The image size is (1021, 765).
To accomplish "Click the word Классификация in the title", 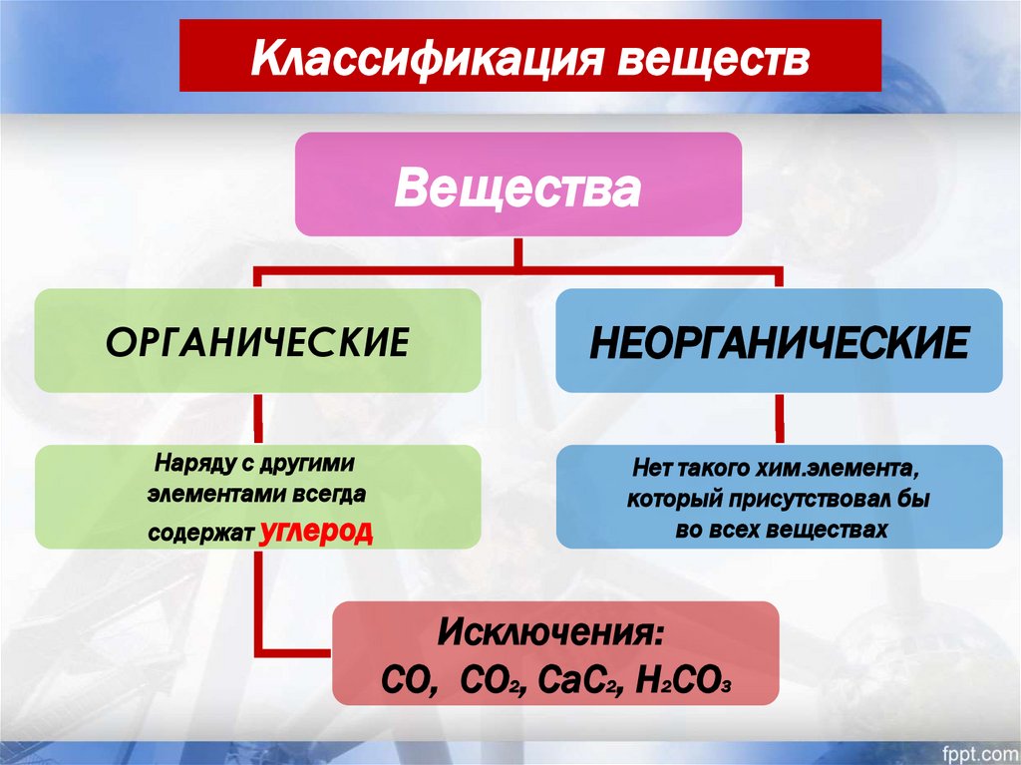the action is tap(418, 58).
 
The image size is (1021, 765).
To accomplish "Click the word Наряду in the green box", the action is tap(186, 465).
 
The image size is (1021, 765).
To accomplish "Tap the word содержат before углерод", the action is tap(202, 532).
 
